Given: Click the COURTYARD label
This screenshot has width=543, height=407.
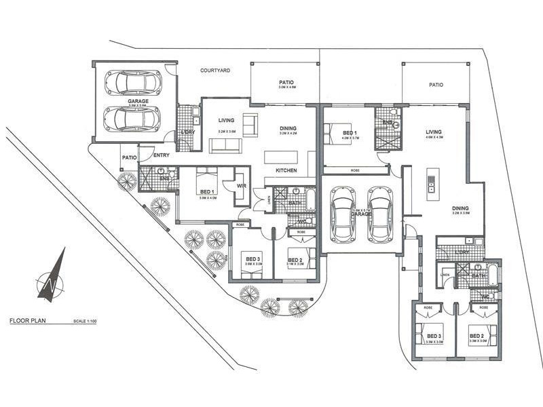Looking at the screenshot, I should [x=216, y=71].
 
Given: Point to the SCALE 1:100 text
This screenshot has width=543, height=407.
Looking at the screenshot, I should [x=84, y=321].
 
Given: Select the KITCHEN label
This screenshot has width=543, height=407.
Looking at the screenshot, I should [x=286, y=170].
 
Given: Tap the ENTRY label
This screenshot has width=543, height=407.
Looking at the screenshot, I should [x=162, y=156].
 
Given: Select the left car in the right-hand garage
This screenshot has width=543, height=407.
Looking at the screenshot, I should [x=343, y=214].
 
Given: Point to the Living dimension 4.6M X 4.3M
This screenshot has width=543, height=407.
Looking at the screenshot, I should [x=434, y=138].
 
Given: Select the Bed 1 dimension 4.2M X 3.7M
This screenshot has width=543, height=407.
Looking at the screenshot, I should [x=350, y=138].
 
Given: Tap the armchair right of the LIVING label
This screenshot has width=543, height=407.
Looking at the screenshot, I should [x=250, y=124].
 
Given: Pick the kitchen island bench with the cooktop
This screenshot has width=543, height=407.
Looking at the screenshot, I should [x=431, y=184].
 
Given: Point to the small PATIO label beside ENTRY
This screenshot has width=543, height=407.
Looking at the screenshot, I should [x=129, y=157].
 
